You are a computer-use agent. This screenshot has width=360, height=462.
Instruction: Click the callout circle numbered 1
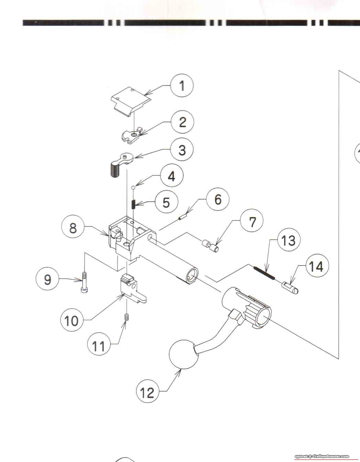point(182,86)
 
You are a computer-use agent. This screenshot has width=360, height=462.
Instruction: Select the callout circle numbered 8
point(73,228)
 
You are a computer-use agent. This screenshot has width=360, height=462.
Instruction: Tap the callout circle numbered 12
point(148,392)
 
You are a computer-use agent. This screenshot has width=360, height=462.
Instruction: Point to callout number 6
point(218,199)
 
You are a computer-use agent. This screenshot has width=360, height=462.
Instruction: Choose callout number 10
point(72,320)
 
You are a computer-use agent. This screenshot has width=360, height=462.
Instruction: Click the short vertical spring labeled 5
point(134,204)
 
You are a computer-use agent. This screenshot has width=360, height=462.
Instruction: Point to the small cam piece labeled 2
point(131,136)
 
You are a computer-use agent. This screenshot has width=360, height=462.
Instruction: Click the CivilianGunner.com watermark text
point(321,456)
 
